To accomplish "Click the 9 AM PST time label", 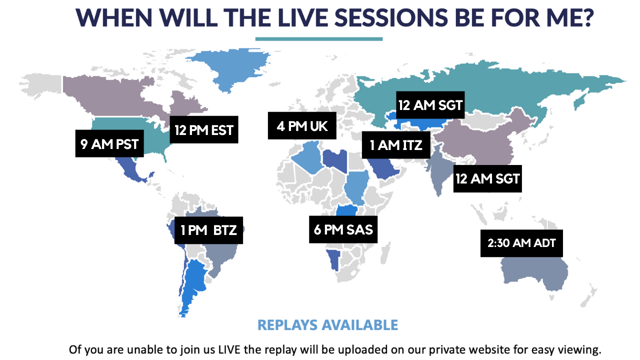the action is [109, 143].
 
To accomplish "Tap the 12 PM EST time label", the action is [204, 129].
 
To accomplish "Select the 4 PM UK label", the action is [302, 125].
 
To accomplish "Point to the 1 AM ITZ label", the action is [396, 145].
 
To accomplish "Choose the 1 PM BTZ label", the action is [208, 230].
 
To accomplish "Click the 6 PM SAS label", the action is [343, 229].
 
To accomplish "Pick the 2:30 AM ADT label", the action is [521, 243].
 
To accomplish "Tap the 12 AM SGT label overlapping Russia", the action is [430, 105].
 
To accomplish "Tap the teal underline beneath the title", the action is [319, 39].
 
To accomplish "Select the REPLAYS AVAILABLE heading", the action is [327, 325].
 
